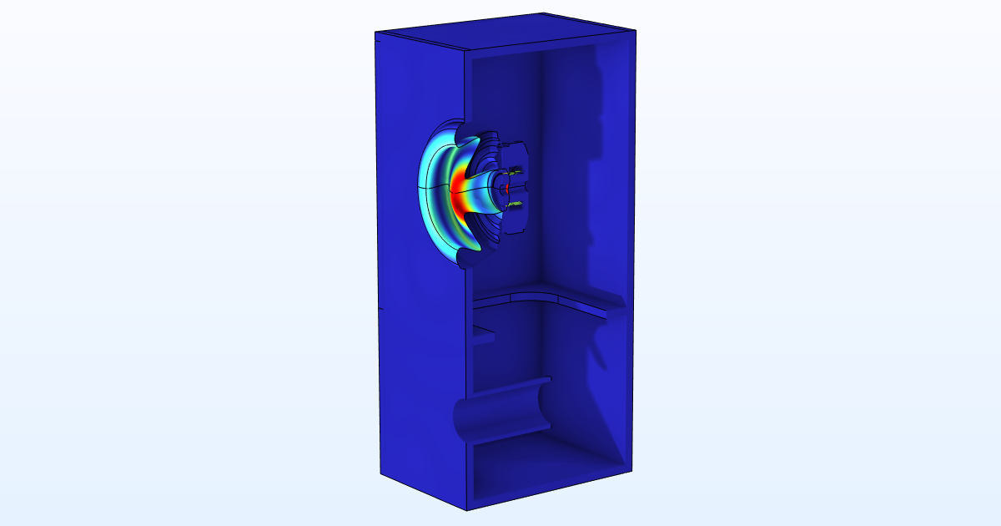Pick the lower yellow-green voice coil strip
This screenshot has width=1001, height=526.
click(x=516, y=203)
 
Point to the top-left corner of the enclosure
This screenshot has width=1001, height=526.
click(x=375, y=33)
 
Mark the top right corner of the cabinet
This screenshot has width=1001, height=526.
click(x=635, y=28)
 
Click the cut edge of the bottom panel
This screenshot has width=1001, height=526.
click(x=542, y=493)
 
